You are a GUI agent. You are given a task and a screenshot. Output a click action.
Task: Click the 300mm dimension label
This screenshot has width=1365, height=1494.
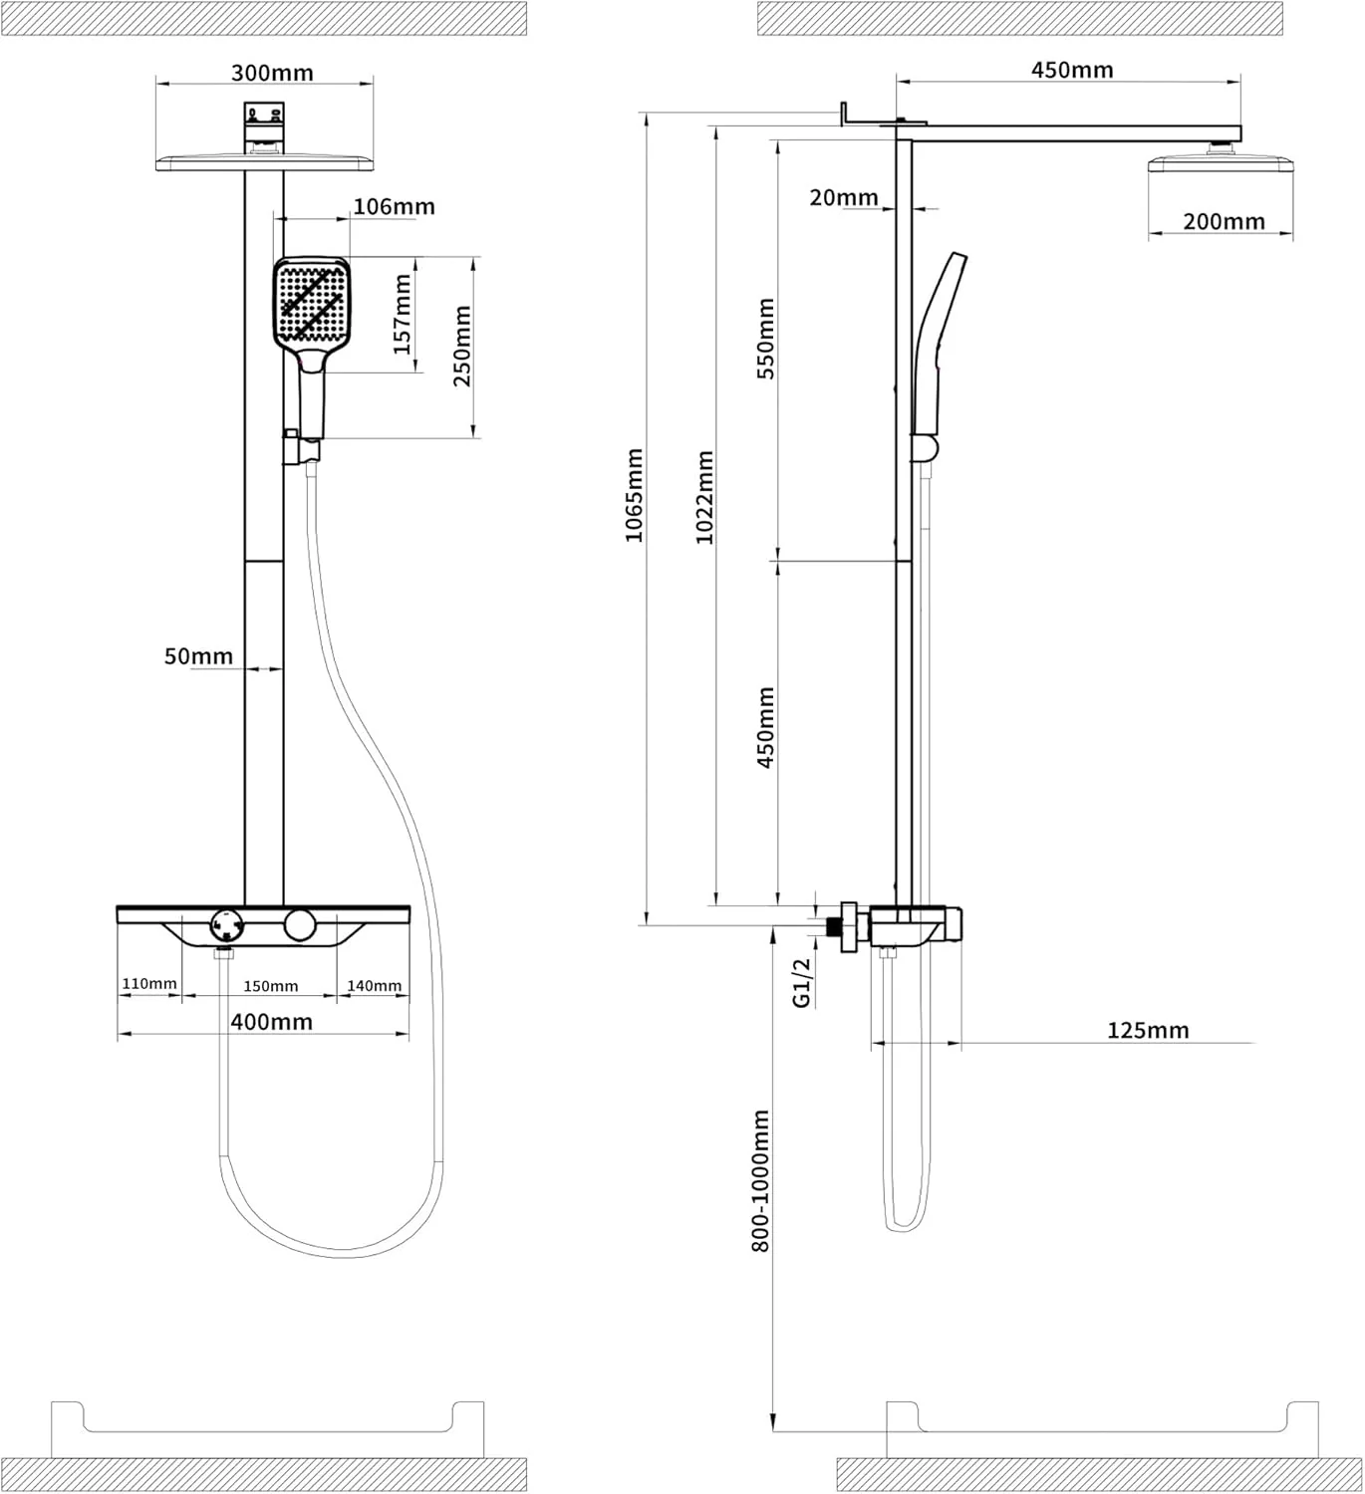click(272, 73)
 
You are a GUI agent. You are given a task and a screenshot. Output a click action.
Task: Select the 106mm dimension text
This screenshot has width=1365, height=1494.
click(395, 206)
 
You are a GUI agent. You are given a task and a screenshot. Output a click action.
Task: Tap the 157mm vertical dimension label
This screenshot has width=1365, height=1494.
click(403, 315)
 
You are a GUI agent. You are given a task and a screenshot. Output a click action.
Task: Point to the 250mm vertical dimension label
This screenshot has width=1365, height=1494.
click(462, 346)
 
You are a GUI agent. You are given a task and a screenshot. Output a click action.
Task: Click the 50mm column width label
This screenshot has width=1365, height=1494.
click(198, 656)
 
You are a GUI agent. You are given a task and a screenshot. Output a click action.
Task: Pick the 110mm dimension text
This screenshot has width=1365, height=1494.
click(149, 984)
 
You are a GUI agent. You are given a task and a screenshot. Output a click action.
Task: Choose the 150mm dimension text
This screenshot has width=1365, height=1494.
click(270, 986)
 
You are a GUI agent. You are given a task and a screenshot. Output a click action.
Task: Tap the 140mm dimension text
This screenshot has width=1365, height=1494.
click(374, 985)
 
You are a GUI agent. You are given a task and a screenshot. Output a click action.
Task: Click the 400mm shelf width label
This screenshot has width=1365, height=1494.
click(271, 1022)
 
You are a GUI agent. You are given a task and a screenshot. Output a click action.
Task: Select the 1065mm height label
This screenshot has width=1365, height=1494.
click(634, 495)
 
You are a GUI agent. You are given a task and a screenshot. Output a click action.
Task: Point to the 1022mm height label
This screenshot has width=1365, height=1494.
click(704, 498)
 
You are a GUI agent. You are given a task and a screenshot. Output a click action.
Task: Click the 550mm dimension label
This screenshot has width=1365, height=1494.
click(766, 339)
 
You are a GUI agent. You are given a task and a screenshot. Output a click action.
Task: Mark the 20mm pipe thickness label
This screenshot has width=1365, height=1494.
click(844, 197)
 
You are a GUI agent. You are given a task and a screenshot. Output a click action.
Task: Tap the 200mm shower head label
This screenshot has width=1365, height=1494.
click(1225, 221)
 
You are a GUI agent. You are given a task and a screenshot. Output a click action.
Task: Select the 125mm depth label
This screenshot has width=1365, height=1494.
click(1148, 1030)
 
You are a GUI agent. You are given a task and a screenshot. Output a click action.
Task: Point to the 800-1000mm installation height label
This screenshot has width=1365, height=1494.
click(760, 1180)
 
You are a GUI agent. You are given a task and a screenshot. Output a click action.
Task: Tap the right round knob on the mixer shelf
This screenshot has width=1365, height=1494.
click(300, 925)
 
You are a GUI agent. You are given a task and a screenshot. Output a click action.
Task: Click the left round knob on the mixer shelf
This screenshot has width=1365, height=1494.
click(226, 926)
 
